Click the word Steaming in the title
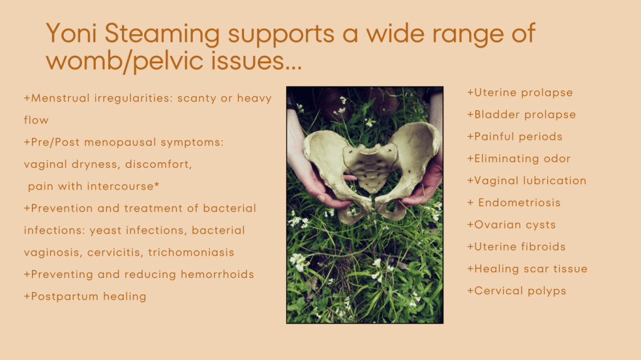pyautogui.click(x=162, y=34)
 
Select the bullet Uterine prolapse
pyautogui.click(x=520, y=93)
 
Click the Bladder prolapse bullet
pyautogui.click(x=521, y=115)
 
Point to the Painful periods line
pyautogui.click(x=515, y=136)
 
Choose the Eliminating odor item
pyautogui.click(x=519, y=159)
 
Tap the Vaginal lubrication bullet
pyautogui.click(x=527, y=181)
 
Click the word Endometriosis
pyautogui.click(x=519, y=203)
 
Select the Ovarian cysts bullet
pyautogui.click(x=511, y=225)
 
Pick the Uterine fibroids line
pyautogui.click(x=516, y=247)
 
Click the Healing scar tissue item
pyautogui.click(x=527, y=269)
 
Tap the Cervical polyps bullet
pyautogui.click(x=516, y=291)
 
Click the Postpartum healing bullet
pyautogui.click(x=85, y=297)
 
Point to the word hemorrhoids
pyautogui.click(x=217, y=274)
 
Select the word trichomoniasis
pyautogui.click(x=191, y=252)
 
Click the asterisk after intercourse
pyautogui.click(x=156, y=185)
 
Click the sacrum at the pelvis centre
pyautogui.click(x=371, y=166)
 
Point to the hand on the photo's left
pyautogui.click(x=315, y=180)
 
